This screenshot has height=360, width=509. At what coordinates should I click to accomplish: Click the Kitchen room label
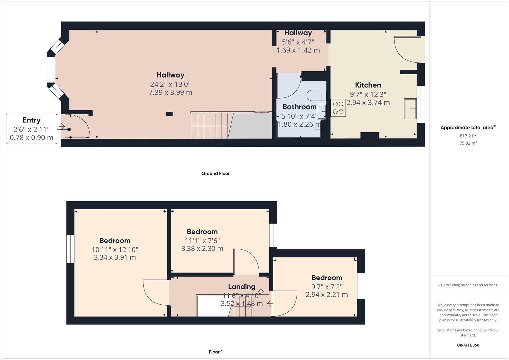pyautogui.click(x=368, y=85)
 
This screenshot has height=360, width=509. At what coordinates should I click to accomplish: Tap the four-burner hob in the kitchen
pyautogui.click(x=338, y=108)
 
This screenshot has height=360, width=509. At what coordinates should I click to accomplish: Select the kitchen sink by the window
pyautogui.click(x=410, y=108)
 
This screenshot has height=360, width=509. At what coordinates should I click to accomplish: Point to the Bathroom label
pyautogui.click(x=299, y=107)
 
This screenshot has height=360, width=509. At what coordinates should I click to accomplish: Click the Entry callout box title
pyautogui.click(x=31, y=120)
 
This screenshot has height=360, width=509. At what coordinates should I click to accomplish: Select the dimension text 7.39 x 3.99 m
pyautogui.click(x=170, y=93)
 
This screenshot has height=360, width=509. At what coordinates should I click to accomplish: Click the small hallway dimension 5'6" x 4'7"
pyautogui.click(x=298, y=42)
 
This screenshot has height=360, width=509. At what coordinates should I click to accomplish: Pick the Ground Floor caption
pyautogui.click(x=215, y=173)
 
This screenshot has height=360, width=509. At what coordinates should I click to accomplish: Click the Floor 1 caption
pyautogui.click(x=216, y=352)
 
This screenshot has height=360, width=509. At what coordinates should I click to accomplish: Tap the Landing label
pyautogui.click(x=242, y=287)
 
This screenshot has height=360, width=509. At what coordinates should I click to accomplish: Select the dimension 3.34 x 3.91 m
pyautogui.click(x=115, y=257)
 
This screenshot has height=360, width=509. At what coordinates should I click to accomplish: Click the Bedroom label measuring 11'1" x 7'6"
pyautogui.click(x=202, y=232)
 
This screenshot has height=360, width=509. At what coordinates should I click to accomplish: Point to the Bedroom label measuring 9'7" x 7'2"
pyautogui.click(x=327, y=278)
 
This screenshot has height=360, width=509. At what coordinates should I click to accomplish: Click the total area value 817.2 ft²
pyautogui.click(x=468, y=136)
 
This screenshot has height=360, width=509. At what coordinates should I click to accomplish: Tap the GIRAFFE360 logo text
pyautogui.click(x=468, y=345)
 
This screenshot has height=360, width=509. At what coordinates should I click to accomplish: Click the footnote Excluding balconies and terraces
pyautogui.click(x=468, y=285)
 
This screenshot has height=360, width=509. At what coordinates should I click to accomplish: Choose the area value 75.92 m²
pyautogui.click(x=468, y=143)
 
